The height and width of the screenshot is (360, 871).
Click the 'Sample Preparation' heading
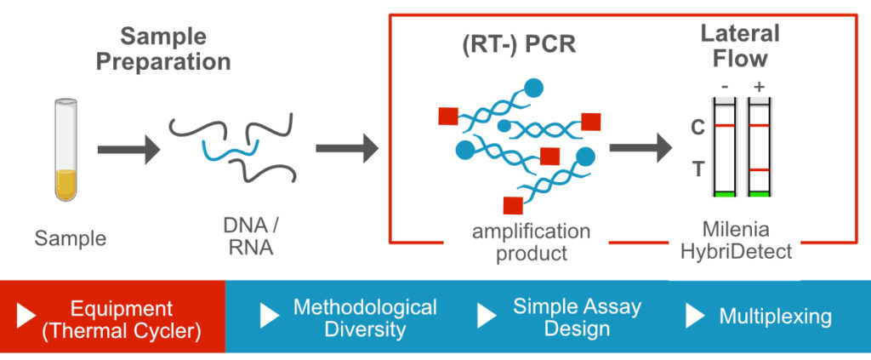pyautogui.click(x=162, y=49)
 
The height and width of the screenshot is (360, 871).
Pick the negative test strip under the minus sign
pyautogui.click(x=724, y=147)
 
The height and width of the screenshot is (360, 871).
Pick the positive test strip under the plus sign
pyautogui.click(x=759, y=147)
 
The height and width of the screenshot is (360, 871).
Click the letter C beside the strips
pyautogui.click(x=697, y=127)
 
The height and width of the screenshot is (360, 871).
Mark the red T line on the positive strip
pyautogui.click(x=759, y=170)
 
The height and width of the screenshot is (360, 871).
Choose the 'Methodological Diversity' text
pyautogui.click(x=365, y=317)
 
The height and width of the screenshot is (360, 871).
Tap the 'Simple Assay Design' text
pyautogui.click(x=577, y=317)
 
